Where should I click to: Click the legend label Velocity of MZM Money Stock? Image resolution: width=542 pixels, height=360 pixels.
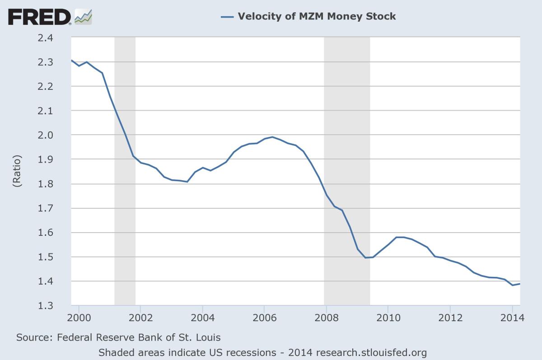pos(317,17)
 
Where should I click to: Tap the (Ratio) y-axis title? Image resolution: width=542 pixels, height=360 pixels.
pos(17,172)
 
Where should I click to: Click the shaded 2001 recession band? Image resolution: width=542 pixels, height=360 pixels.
pos(125,172)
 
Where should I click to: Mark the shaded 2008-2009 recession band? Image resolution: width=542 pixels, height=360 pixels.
pos(347,172)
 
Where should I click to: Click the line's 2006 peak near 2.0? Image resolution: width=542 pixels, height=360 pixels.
pos(272,137)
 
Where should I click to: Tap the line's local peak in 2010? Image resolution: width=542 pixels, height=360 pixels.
pos(400,237)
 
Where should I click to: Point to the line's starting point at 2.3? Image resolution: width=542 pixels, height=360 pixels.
pos(72,60)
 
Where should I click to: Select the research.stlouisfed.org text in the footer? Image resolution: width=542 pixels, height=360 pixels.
pos(371,352)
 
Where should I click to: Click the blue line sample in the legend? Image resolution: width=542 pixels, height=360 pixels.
pos(227,17)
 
